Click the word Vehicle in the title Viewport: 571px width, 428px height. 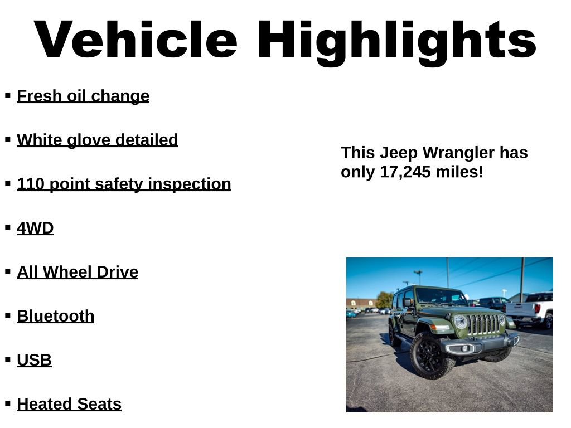tap(136, 40)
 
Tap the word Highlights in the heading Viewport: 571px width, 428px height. tap(396, 40)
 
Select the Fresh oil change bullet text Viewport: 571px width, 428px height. tap(83, 96)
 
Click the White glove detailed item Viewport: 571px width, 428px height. tap(98, 140)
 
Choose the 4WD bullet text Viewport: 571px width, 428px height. tap(35, 228)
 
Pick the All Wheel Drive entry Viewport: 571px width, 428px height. tap(78, 272)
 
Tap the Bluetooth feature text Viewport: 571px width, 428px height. tap(56, 316)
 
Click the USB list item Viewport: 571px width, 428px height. tap(35, 360)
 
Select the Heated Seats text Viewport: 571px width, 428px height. tap(69, 404)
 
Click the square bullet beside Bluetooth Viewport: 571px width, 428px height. tap(8, 315)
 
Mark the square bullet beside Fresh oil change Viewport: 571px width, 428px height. tap(8, 95)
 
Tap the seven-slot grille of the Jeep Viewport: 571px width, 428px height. tap(484, 324)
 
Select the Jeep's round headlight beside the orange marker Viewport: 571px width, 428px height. tap(460, 322)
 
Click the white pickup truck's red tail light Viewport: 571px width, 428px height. tap(537, 308)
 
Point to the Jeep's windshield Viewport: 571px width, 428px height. tap(440, 296)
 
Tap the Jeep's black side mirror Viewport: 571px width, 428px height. tap(408, 302)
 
